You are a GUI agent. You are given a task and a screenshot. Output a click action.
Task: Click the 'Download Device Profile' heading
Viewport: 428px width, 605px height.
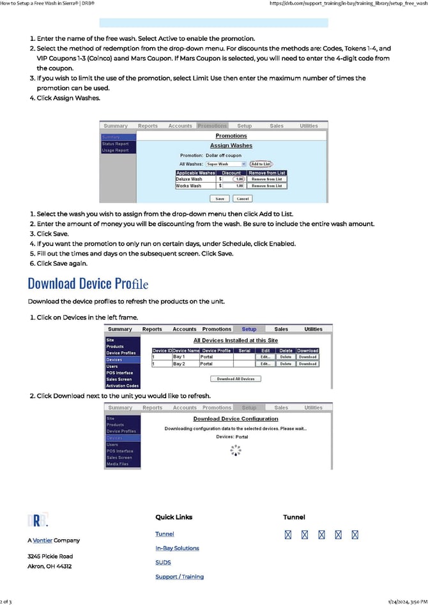click(88, 283)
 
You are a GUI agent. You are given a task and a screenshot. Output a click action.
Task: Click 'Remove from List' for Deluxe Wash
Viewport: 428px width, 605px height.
click(266, 180)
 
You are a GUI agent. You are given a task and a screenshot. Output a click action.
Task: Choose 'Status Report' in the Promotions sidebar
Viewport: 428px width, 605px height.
click(116, 144)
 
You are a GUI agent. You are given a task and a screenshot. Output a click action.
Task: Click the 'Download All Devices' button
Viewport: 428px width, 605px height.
click(236, 379)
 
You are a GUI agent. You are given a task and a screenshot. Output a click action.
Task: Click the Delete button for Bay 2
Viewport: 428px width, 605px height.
click(286, 364)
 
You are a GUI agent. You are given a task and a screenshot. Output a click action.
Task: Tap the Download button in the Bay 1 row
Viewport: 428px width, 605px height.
click(307, 356)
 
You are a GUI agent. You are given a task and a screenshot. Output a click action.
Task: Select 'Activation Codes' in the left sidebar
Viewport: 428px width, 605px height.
click(122, 386)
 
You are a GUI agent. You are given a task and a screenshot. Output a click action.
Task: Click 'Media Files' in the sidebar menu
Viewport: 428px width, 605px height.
click(118, 464)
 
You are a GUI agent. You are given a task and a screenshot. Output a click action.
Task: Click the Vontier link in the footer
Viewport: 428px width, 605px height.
click(43, 540)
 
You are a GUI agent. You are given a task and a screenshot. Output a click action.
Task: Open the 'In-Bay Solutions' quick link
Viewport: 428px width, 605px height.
click(177, 548)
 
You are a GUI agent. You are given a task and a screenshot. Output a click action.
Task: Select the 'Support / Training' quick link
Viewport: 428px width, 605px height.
click(180, 577)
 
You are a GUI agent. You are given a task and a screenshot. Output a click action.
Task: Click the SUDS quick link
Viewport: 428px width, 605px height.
click(163, 563)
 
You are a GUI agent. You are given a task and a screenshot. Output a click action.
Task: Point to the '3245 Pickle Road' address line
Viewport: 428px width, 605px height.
click(50, 556)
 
